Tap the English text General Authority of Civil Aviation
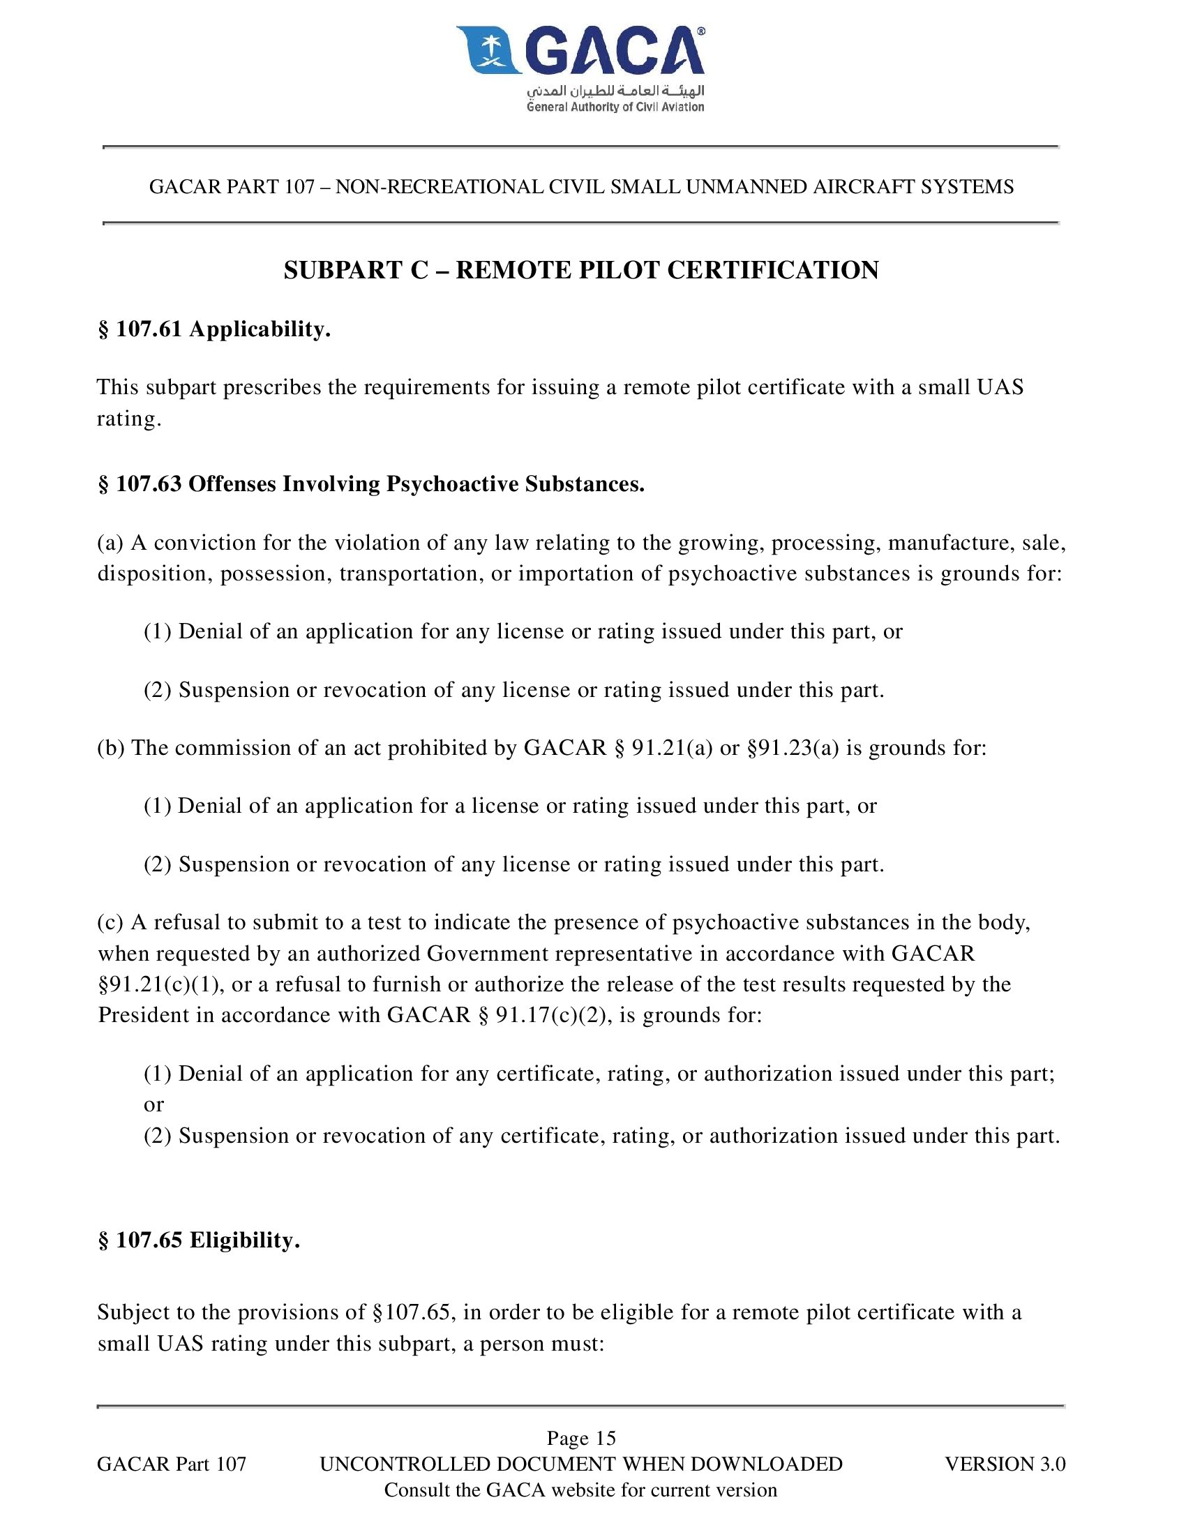coord(615,107)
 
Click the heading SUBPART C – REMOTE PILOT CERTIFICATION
coord(581,270)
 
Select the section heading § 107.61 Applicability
coord(214,329)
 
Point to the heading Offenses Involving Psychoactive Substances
coord(416,483)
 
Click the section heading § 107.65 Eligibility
coord(199,1240)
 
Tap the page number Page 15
coord(581,1438)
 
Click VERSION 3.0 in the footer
coord(1005,1464)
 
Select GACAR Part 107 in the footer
coord(172,1464)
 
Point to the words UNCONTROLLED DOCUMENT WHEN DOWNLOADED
coord(581,1464)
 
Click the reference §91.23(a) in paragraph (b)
coord(793,748)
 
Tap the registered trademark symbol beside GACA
coord(700,31)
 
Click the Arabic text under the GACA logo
coord(615,91)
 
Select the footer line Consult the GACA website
coord(580,1490)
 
